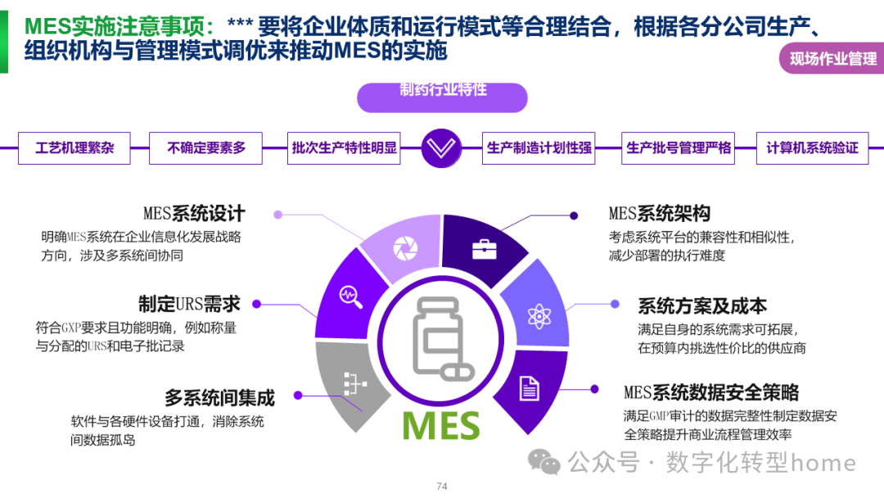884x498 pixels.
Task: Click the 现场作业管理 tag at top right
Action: coord(832,59)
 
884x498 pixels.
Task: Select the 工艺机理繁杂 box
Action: coord(74,148)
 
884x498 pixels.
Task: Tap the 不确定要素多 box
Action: coord(206,148)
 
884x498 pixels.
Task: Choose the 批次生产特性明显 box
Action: coord(345,148)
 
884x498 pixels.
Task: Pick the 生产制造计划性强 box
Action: coord(539,148)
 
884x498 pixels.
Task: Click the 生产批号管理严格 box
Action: coord(679,148)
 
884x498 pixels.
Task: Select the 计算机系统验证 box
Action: coord(812,148)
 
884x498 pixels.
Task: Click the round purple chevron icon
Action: coord(442,148)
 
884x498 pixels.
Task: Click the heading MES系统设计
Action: coord(194,215)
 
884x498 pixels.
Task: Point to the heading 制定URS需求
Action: coord(189,304)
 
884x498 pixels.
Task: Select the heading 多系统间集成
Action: coord(219,399)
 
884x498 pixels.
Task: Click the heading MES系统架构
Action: coord(659,215)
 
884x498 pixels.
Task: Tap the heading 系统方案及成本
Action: coord(702,306)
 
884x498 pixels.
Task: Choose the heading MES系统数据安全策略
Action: coord(711,392)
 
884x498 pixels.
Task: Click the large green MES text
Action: coord(441,425)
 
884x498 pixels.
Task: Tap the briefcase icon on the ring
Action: coord(484,249)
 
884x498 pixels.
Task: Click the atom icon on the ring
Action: coord(538,315)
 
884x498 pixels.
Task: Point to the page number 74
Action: coord(442,487)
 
